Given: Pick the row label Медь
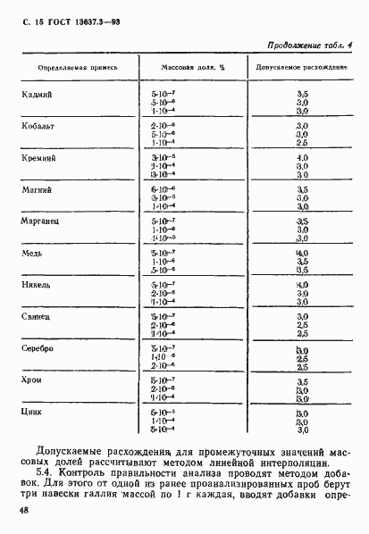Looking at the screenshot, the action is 30,253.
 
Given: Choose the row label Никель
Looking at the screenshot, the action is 34,285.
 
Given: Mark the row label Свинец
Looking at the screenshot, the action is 34,316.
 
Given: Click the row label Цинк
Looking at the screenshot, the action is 30,412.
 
